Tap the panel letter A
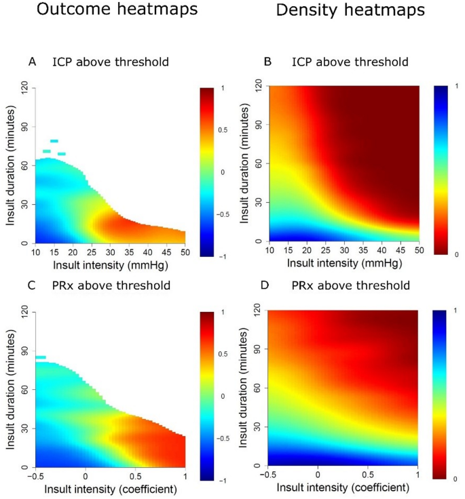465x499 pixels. (32, 62)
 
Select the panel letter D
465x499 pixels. (267, 285)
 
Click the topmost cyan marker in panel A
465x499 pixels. (54, 141)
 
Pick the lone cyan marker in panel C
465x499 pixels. (41, 357)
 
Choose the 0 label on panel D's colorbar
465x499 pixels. (453, 479)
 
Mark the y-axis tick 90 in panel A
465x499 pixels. (24, 125)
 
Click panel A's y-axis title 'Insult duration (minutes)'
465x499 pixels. (9, 165)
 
